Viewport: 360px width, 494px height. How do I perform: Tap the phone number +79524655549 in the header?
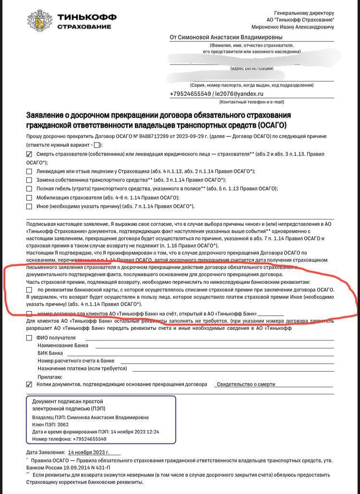190,94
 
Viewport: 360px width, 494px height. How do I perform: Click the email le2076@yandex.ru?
239,94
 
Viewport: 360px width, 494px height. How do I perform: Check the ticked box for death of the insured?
29,154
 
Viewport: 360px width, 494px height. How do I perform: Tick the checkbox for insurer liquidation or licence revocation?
29,171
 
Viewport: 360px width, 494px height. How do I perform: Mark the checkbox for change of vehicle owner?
29,180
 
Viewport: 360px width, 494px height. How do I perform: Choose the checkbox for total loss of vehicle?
29,189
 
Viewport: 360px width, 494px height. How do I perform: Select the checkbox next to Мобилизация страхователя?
29,198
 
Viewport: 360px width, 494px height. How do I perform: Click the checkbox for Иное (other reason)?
29,206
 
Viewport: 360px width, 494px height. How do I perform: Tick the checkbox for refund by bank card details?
29,290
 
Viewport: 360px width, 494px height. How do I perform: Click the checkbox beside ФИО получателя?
29,338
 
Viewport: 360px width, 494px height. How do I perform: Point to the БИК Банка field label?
50,353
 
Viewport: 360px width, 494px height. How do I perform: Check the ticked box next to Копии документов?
29,384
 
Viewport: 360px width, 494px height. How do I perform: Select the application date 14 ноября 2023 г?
89,452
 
